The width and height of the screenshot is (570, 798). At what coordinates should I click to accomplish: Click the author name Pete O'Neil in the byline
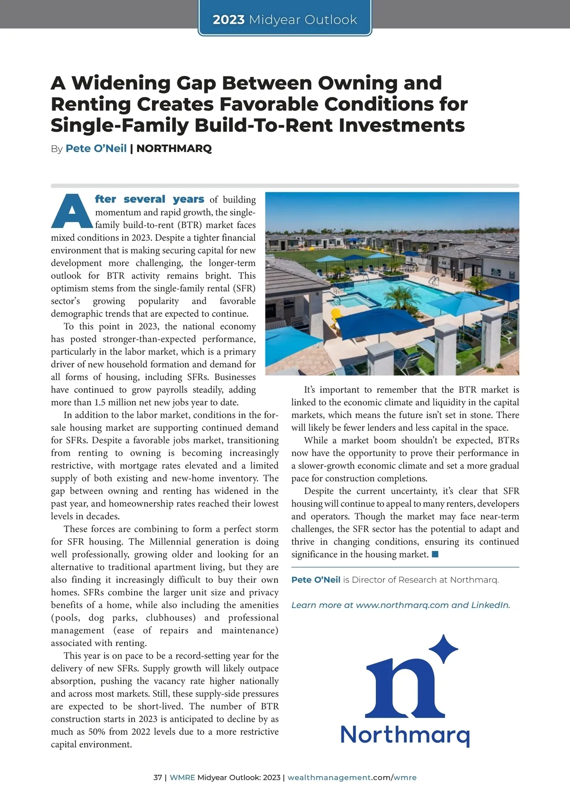96,149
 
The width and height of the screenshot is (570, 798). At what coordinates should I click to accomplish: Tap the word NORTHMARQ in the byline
174,149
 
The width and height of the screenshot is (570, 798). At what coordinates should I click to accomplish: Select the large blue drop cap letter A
71,211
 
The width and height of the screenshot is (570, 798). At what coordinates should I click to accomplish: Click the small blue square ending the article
435,554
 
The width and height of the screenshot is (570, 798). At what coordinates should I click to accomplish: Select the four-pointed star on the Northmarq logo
443,648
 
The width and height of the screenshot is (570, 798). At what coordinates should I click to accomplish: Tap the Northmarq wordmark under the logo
405,734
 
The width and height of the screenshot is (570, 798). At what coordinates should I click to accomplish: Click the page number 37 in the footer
158,778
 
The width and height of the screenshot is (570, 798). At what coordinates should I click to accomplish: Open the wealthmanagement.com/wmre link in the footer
352,778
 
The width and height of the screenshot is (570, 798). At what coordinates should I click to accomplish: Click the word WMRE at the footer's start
182,778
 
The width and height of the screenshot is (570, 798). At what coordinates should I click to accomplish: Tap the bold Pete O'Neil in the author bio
316,580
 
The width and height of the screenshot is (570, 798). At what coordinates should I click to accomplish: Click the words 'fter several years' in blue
150,199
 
